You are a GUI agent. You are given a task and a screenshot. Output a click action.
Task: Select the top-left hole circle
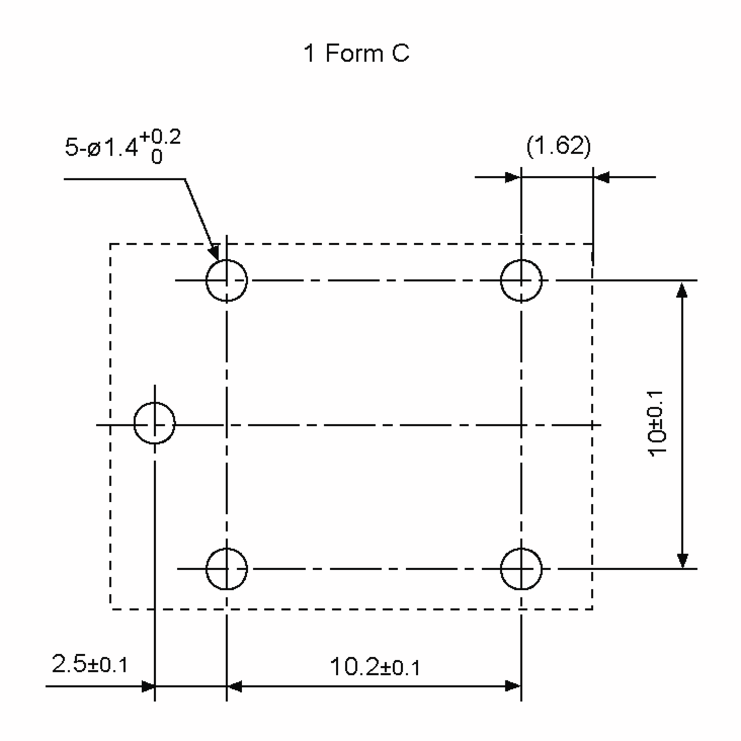click(x=227, y=281)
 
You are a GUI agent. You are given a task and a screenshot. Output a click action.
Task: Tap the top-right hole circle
click(x=521, y=281)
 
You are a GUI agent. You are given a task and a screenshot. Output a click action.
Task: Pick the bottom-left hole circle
click(x=227, y=569)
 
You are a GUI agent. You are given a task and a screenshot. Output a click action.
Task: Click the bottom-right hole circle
click(x=521, y=569)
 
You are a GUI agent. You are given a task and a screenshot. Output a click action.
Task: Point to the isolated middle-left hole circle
click(x=155, y=423)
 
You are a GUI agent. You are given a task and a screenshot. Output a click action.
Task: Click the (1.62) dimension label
click(x=559, y=146)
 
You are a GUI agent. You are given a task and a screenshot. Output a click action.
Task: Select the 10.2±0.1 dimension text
click(x=375, y=667)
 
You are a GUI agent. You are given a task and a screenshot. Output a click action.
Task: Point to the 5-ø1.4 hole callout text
click(x=101, y=148)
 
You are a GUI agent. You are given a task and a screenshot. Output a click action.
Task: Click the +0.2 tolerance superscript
click(x=160, y=137)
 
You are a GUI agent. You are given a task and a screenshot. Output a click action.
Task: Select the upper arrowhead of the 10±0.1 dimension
click(x=682, y=290)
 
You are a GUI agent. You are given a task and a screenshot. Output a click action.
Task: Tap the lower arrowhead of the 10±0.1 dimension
click(x=682, y=560)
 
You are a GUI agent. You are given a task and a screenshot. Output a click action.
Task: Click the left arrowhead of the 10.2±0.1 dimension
click(x=235, y=687)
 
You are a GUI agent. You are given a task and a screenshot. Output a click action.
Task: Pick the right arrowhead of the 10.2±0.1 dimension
click(x=513, y=687)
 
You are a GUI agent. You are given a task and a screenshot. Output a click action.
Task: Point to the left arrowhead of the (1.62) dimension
click(x=513, y=177)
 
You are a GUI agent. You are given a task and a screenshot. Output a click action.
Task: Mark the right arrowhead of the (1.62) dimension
click(x=601, y=177)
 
